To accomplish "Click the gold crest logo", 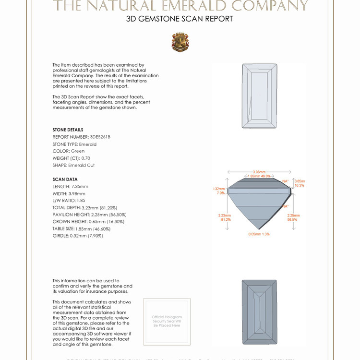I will (x=180, y=42).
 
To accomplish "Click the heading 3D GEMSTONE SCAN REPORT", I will (x=180, y=19).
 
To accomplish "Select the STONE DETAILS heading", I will (x=68, y=130).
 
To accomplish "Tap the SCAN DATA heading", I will (x=65, y=180).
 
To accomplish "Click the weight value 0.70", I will (x=86, y=158).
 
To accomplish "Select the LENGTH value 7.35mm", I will (x=80, y=186).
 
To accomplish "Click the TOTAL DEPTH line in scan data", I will (x=84, y=207).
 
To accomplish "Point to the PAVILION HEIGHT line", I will (x=89, y=215).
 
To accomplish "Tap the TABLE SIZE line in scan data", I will (x=84, y=228).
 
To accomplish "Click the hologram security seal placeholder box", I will (x=167, y=322).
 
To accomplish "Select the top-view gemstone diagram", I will (x=259, y=96).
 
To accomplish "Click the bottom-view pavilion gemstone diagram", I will (x=259, y=312).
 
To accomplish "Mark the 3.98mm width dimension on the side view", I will (x=259, y=172).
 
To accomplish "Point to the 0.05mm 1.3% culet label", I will (x=259, y=234).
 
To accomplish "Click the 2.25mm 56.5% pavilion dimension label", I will (x=293, y=217).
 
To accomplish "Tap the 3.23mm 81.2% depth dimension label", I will (x=224, y=217).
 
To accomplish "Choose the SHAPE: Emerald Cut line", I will (x=73, y=165).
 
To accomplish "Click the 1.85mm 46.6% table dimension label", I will (x=259, y=176).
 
